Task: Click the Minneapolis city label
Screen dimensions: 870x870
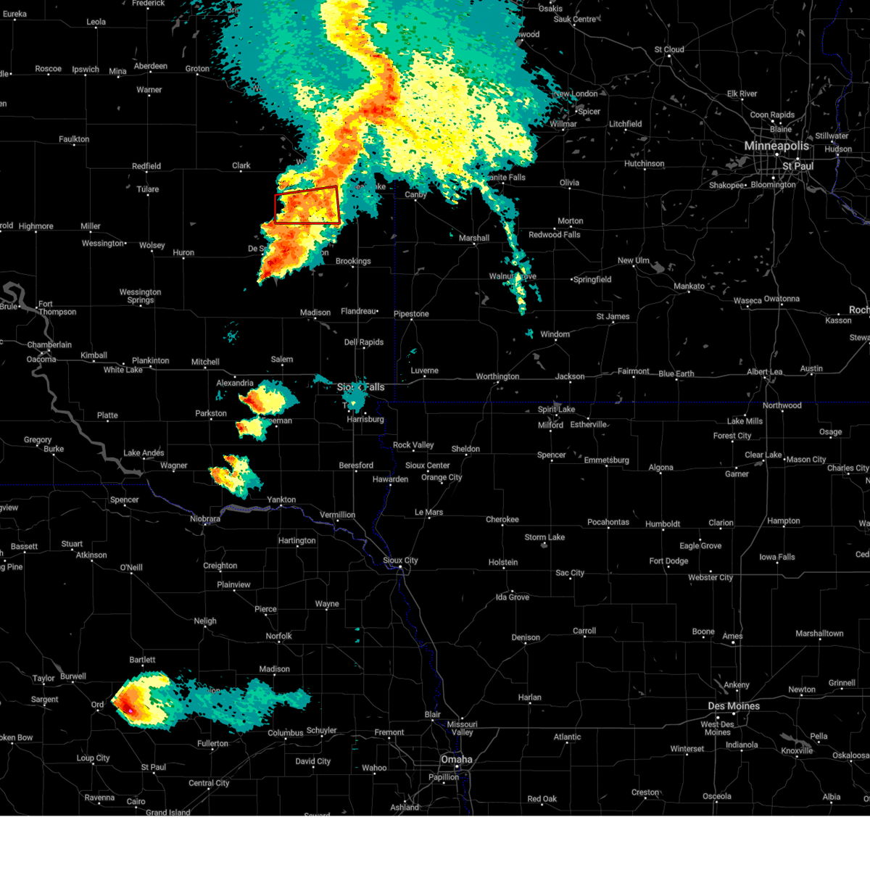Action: point(776,146)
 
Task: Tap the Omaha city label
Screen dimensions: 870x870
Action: point(456,760)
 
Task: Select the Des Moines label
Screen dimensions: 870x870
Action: point(734,706)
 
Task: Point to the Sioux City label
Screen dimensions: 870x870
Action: point(400,560)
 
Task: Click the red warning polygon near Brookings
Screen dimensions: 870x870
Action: point(307,205)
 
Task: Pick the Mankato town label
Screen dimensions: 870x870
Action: point(689,286)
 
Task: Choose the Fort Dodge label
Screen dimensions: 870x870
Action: point(668,561)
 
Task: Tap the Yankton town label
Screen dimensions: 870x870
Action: point(281,500)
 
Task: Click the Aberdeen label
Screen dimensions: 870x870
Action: point(151,67)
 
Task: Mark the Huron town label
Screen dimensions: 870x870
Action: point(183,253)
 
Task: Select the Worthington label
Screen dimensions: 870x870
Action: point(497,377)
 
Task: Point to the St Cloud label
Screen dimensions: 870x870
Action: point(669,50)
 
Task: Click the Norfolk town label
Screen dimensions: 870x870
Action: point(278,637)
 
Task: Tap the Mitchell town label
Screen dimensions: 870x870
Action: point(205,362)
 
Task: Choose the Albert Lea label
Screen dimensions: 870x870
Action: point(765,372)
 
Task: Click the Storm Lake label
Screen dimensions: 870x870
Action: point(544,537)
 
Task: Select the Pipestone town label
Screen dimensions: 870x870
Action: point(411,315)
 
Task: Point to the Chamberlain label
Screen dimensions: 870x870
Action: point(49,345)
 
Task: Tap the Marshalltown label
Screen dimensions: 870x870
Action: point(819,634)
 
